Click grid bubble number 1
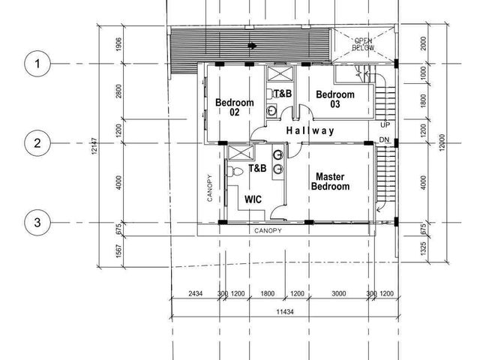37,64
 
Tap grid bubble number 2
37,143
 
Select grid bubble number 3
37,222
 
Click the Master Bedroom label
330,181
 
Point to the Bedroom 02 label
235,107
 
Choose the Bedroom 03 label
335,99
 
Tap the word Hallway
310,131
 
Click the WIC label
253,199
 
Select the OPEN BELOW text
363,44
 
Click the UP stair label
385,125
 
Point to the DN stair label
384,140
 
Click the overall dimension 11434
285,312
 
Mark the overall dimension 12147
94,145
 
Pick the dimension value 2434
195,293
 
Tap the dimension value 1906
118,43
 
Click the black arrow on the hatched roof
252,46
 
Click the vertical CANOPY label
210,187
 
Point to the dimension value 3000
339,293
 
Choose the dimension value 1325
423,248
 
